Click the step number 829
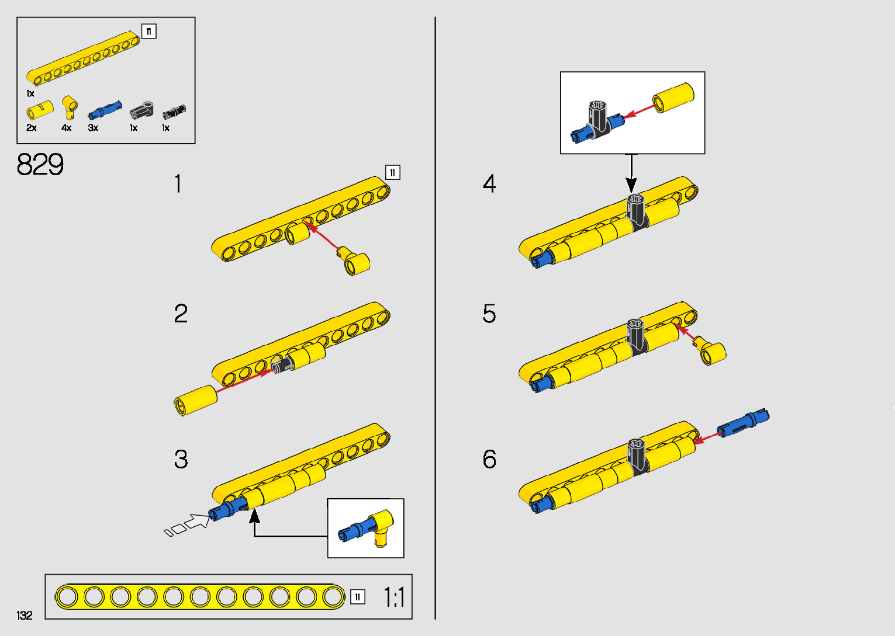click(40, 165)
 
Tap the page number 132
click(25, 615)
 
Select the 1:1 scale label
click(394, 597)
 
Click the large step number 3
click(181, 460)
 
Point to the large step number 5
click(489, 314)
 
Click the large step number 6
click(489, 460)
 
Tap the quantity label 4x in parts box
click(67, 128)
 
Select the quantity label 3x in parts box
click(93, 128)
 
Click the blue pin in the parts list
click(105, 110)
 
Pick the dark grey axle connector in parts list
click(141, 109)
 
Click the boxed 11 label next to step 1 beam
click(393, 172)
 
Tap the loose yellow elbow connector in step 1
click(355, 262)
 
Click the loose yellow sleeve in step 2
click(196, 400)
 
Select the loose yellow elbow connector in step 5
click(711, 352)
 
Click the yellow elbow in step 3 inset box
click(383, 526)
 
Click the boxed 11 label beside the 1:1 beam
click(358, 597)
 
